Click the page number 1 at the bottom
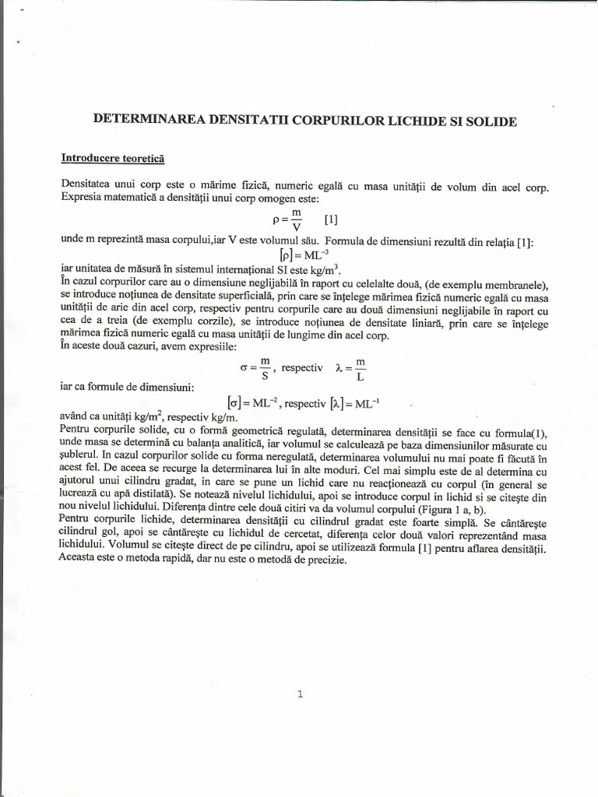click(300, 695)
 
